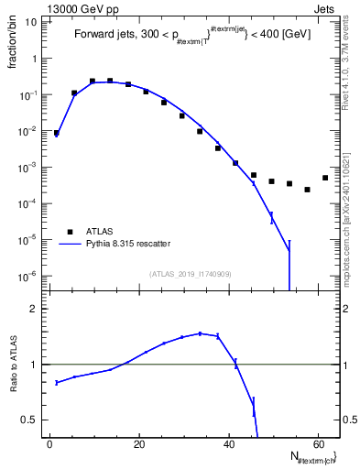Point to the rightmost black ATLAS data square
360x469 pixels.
(325, 178)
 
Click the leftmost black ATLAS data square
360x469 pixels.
(57, 133)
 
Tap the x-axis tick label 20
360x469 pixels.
(139, 444)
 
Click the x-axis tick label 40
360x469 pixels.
(228, 444)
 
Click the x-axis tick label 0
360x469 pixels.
(50, 444)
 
